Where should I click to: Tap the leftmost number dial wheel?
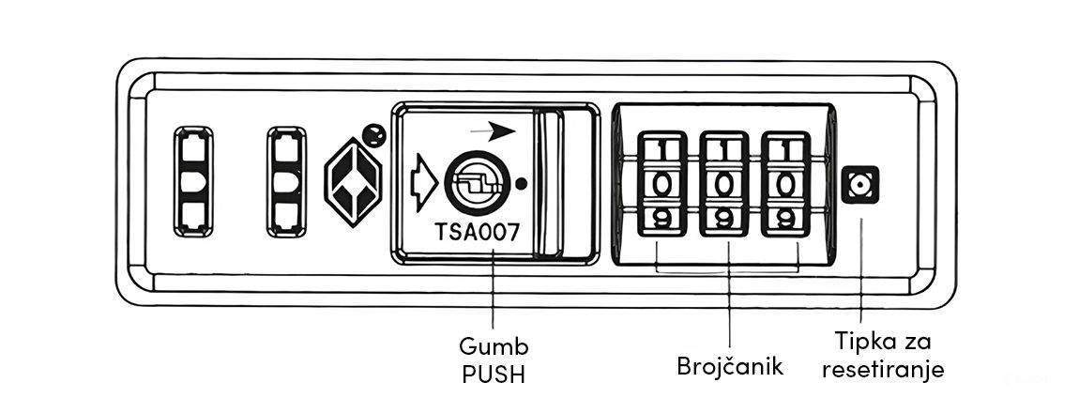coord(661,184)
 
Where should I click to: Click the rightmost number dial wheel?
coord(785,184)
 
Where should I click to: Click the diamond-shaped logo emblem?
coord(353,184)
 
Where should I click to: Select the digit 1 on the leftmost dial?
coord(661,148)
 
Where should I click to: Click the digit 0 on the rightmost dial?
coord(785,184)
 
